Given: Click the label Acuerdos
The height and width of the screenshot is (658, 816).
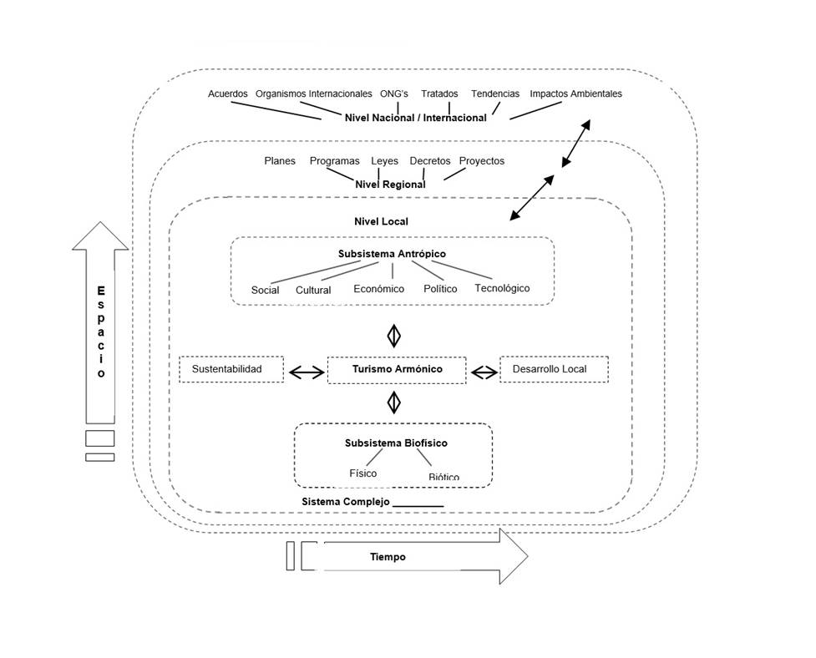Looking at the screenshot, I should pyautogui.click(x=227, y=94).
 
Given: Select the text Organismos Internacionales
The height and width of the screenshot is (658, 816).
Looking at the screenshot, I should pyautogui.click(x=313, y=94).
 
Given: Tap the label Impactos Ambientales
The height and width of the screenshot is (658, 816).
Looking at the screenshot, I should pyautogui.click(x=575, y=94).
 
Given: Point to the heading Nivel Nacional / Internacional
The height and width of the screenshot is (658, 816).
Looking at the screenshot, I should pyautogui.click(x=415, y=118).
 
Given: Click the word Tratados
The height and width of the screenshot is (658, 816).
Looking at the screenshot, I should pyautogui.click(x=439, y=94).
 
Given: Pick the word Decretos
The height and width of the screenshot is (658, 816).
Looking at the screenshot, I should pyautogui.click(x=429, y=161).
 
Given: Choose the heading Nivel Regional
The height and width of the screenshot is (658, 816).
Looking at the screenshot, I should pyautogui.click(x=390, y=184).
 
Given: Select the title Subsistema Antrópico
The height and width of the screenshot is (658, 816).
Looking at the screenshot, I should pyautogui.click(x=392, y=253).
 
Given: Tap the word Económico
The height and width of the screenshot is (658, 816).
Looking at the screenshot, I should pyautogui.click(x=378, y=289).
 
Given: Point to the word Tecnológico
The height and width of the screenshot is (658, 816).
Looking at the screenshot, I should pyautogui.click(x=502, y=288).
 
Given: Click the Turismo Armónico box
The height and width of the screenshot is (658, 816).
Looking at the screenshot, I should pyautogui.click(x=397, y=369).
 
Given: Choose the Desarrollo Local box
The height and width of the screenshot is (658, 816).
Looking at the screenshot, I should pyautogui.click(x=554, y=369).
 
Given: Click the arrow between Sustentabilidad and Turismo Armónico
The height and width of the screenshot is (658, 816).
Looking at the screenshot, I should pyautogui.click(x=306, y=372).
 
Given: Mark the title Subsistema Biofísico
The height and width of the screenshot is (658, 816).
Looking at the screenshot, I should pyautogui.click(x=389, y=443).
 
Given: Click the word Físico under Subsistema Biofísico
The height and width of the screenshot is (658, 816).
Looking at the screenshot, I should pyautogui.click(x=362, y=473).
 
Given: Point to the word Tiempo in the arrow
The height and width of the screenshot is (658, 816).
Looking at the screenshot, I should pyautogui.click(x=388, y=556).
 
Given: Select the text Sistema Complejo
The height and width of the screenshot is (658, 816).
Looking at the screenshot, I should pyautogui.click(x=345, y=501).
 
